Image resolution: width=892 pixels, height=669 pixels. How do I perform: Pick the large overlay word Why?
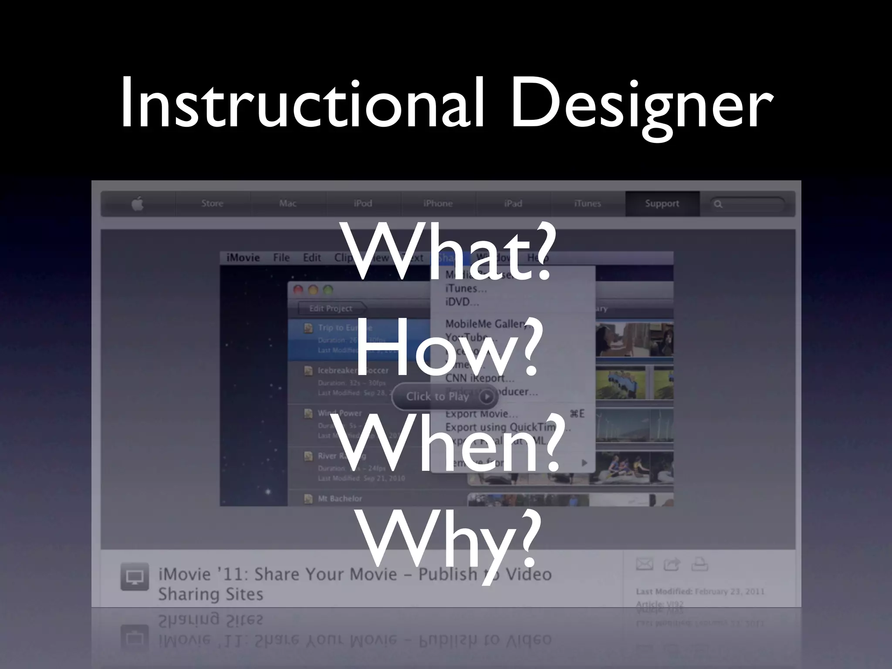click(x=449, y=540)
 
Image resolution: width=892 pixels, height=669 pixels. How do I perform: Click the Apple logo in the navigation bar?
click(x=138, y=204)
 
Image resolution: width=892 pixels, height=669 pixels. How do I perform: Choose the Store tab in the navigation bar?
click(x=212, y=203)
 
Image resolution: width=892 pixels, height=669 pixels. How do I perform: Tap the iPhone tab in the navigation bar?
click(x=438, y=203)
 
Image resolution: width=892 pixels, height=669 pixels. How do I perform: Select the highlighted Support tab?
click(x=662, y=203)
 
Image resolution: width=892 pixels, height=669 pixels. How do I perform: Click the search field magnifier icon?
click(x=718, y=204)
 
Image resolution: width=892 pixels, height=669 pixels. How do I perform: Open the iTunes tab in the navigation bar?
click(x=587, y=203)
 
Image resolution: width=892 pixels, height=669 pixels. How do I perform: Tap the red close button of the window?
click(x=298, y=290)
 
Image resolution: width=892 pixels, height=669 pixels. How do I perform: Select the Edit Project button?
click(x=331, y=308)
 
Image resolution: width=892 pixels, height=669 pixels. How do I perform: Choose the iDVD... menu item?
click(x=462, y=301)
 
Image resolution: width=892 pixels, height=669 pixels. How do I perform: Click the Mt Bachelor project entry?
click(x=340, y=499)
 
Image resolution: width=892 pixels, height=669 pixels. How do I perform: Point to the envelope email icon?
click(x=644, y=564)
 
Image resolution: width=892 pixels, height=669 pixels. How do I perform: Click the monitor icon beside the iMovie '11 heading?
click(x=135, y=577)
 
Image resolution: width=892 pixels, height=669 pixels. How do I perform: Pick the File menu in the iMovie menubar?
click(x=281, y=258)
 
